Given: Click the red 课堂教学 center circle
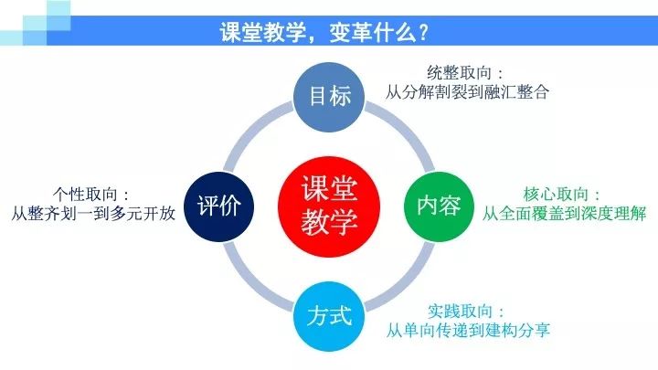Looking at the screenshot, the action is [329, 206].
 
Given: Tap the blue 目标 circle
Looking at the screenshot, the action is [329, 97].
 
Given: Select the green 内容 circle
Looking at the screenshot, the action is [439, 206].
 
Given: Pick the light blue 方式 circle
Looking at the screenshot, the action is [329, 316].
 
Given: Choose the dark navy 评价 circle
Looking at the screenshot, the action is [219, 206].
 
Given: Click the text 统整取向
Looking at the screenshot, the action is [459, 73].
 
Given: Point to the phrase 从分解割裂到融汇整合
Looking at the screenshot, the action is [467, 92].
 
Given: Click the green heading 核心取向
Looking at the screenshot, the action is [556, 195].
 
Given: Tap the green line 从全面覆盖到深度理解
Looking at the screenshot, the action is [564, 214].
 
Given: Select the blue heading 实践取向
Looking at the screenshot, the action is [460, 311].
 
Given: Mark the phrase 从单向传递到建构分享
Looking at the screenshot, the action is [468, 330].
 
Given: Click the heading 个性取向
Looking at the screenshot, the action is [85, 195].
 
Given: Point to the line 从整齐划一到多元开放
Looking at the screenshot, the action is [93, 214].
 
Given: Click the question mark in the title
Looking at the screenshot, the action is [423, 32].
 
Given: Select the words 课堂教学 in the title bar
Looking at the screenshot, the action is [262, 32].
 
